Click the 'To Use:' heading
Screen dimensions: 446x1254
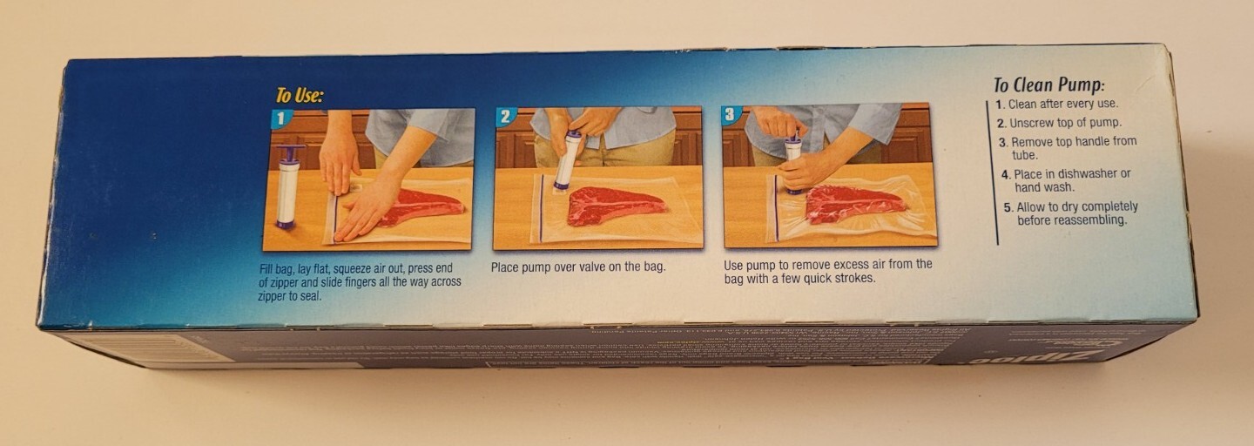[300, 95]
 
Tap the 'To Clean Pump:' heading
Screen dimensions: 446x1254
[1048, 84]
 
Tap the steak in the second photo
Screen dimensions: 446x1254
[615, 205]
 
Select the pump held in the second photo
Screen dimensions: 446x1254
[568, 159]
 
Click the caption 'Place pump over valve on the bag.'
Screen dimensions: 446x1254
[578, 267]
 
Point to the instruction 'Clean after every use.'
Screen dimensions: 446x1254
[1062, 104]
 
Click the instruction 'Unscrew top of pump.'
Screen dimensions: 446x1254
[1065, 123]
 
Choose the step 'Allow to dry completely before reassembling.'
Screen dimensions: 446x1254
[1076, 213]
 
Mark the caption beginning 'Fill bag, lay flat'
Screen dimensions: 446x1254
[360, 281]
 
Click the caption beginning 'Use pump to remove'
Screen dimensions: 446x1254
[827, 271]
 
